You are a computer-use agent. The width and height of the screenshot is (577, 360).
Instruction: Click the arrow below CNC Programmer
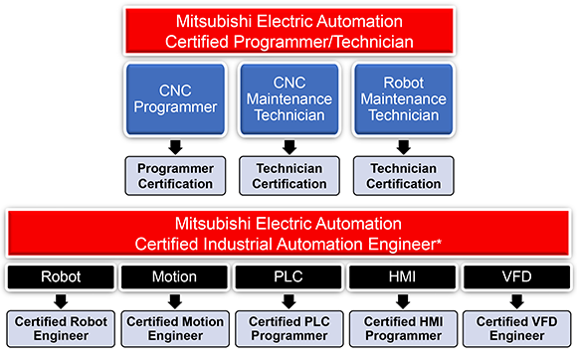point(175,147)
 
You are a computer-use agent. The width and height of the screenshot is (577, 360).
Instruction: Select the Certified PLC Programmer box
point(288,328)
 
